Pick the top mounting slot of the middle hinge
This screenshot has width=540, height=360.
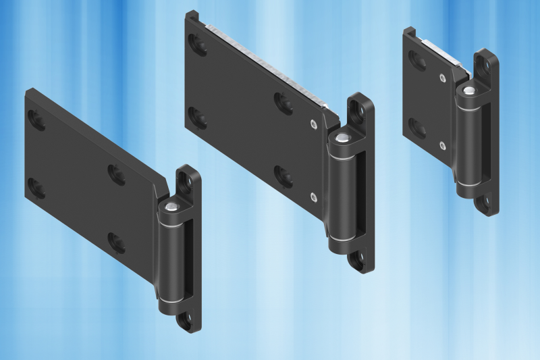pos(359,108)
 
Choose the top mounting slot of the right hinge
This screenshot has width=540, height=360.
pos(485,63)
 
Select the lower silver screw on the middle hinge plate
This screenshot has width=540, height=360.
pos(313,196)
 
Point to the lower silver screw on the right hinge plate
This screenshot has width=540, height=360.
pos(441,145)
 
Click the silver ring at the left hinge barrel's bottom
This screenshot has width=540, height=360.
pos(172,299)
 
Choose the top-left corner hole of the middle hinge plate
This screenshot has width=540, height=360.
pos(199,45)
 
